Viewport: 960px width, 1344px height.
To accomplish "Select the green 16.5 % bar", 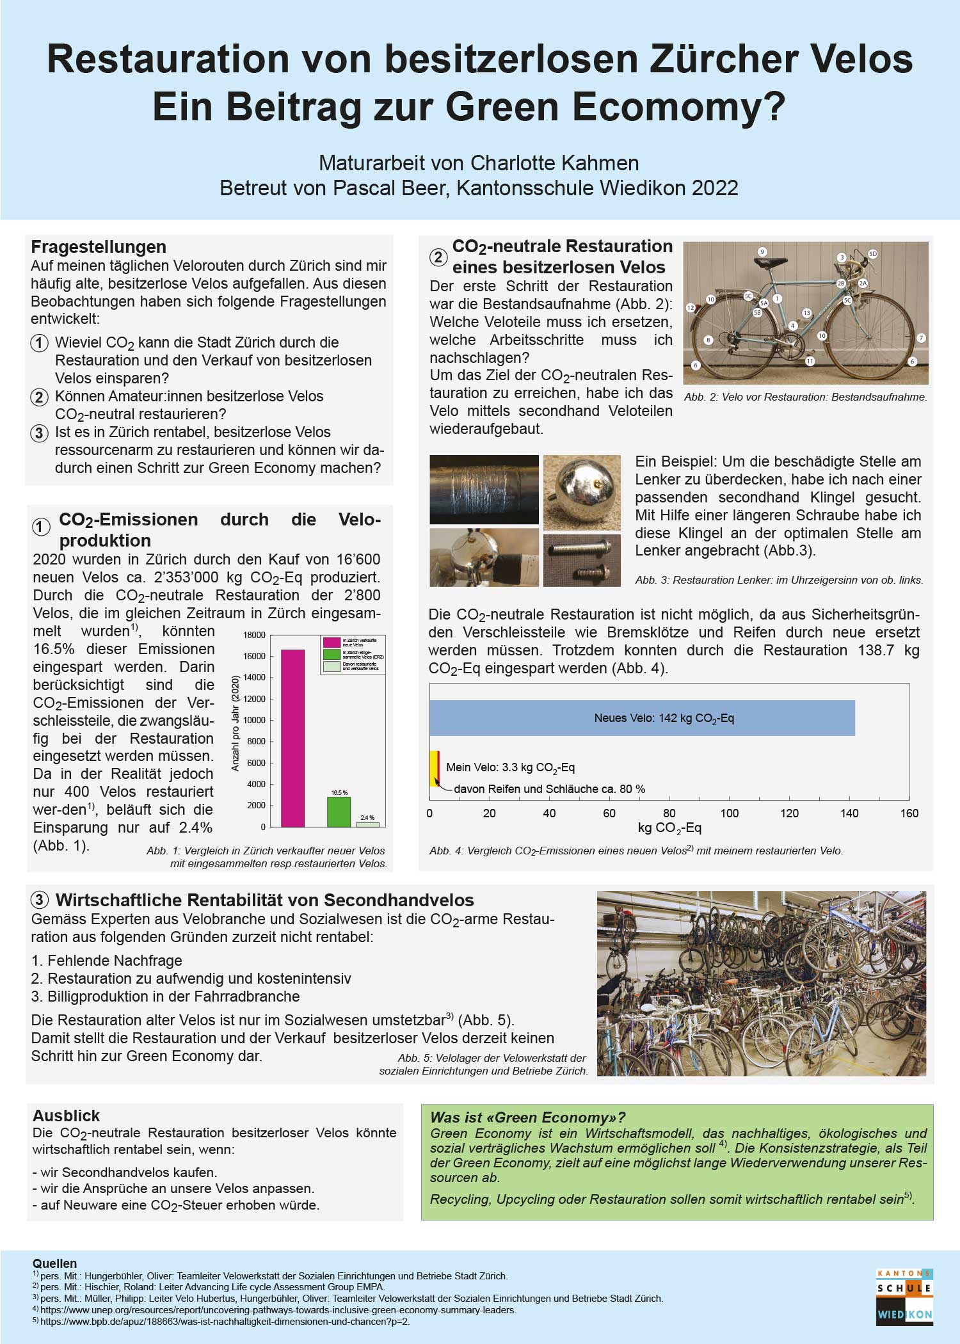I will point(339,812).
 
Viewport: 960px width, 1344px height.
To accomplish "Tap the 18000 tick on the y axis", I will point(254,635).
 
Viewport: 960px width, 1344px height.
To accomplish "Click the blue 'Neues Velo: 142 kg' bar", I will point(642,718).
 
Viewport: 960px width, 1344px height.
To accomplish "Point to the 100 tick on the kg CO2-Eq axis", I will point(729,813).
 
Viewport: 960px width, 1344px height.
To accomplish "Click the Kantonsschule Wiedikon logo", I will point(904,1296).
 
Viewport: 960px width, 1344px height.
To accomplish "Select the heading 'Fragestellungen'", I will point(99,247).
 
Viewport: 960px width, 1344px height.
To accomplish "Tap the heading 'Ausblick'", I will point(66,1116).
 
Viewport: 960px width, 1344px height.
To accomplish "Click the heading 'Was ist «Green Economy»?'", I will point(527,1117).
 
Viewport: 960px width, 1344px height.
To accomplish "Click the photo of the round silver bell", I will point(582,492).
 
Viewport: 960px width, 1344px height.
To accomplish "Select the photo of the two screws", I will point(582,561).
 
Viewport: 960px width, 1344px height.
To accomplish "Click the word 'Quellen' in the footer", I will point(54,1263).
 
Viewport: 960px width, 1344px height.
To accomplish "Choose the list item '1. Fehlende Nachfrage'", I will point(107,961).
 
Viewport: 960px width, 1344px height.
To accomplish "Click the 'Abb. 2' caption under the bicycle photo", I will point(805,397).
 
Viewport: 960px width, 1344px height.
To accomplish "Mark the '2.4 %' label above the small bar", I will point(367,818).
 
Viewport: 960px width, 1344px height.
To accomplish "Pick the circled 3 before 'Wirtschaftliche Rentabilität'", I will point(40,900).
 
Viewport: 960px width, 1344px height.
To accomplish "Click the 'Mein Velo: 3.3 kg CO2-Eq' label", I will point(510,767).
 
